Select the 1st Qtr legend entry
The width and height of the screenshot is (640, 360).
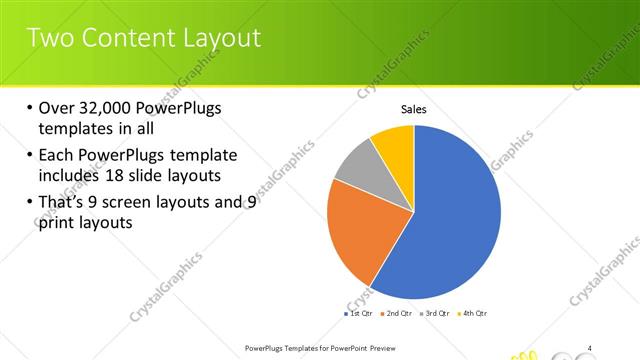pos(359,314)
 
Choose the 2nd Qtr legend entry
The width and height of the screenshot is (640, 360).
pos(398,314)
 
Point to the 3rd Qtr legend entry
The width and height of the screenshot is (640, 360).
pos(435,314)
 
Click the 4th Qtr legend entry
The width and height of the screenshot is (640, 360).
pos(473,314)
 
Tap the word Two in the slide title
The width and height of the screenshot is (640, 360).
pos(49,38)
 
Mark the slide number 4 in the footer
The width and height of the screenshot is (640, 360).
pos(590,348)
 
